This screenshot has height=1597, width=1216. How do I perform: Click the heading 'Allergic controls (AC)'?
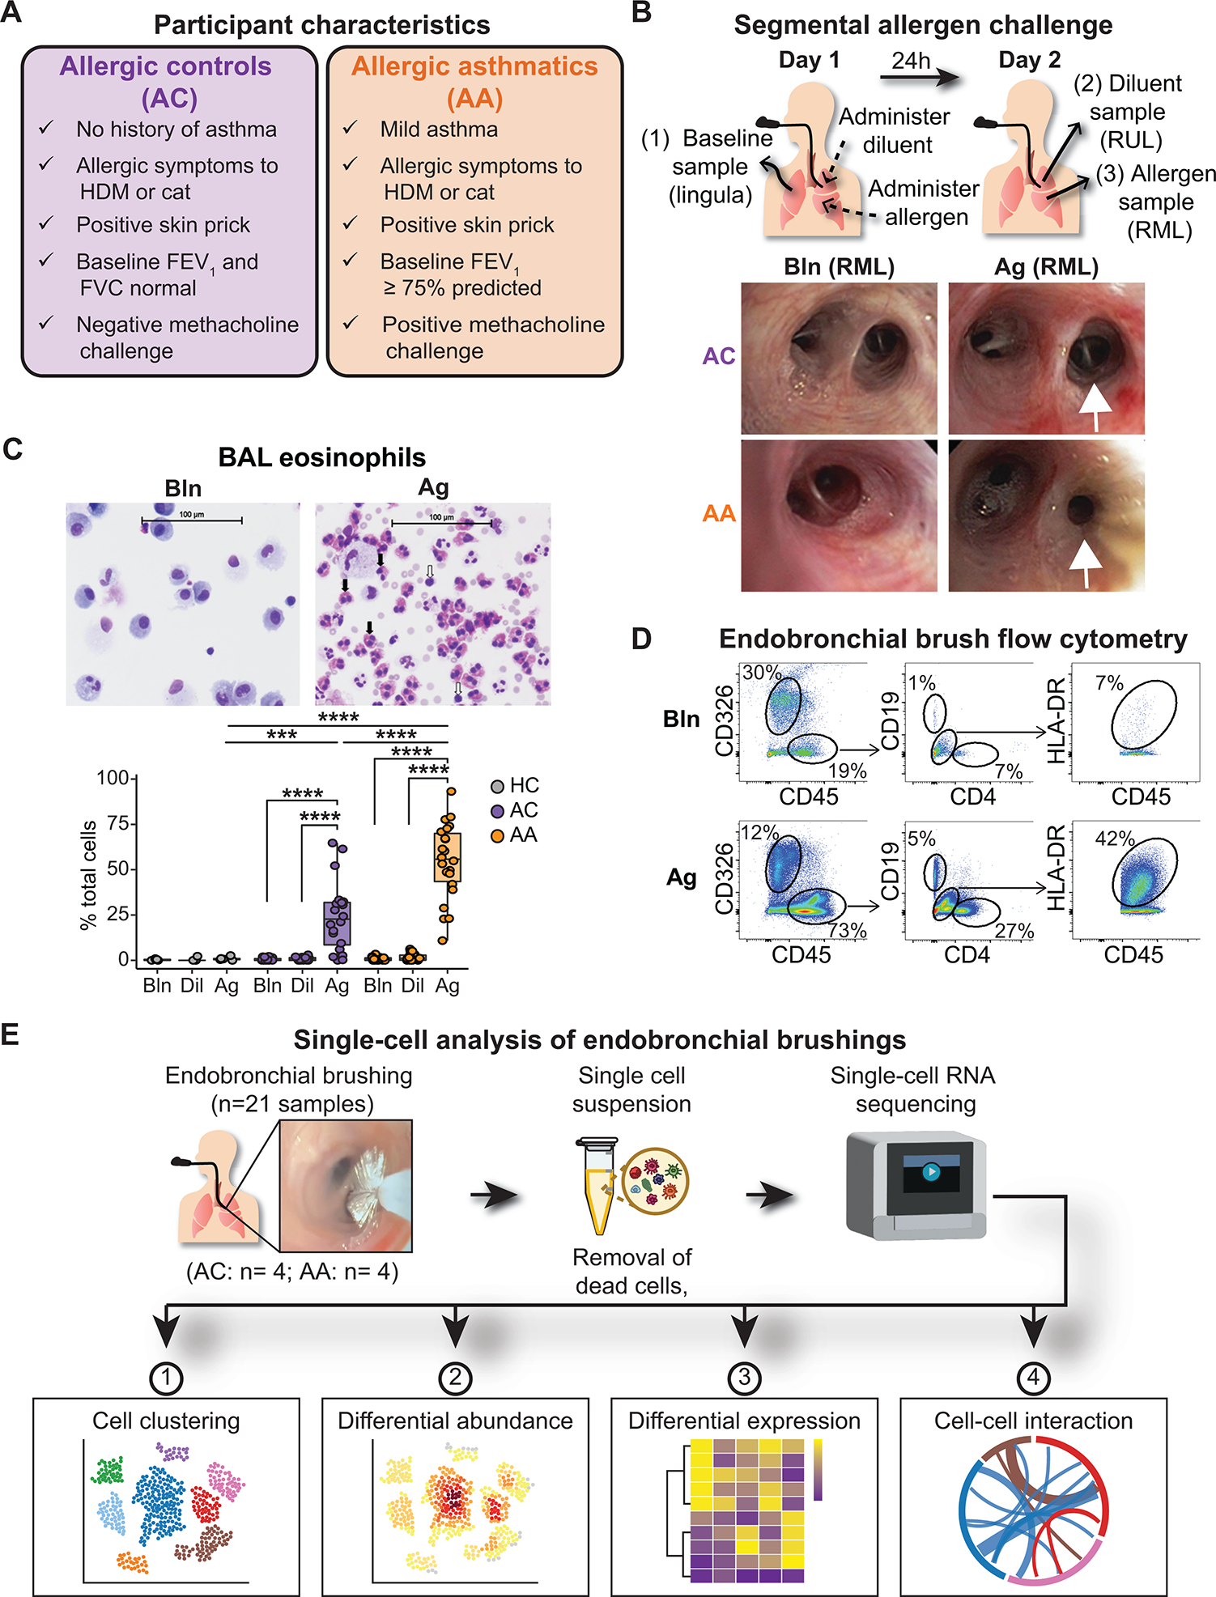[x=167, y=82]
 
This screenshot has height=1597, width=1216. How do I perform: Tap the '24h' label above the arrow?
[x=911, y=61]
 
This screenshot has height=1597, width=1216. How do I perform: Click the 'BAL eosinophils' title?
[x=321, y=457]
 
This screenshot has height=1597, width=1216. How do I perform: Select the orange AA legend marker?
[x=498, y=835]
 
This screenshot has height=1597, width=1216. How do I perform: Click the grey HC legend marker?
[x=498, y=786]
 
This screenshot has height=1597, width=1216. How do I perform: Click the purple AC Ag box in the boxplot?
[x=337, y=923]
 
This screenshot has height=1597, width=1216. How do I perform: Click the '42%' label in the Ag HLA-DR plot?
[x=1114, y=839]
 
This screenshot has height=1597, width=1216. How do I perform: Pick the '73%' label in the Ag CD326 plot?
[x=847, y=931]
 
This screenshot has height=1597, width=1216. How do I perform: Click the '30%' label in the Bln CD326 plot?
[x=762, y=673]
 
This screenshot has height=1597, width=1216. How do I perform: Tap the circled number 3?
[x=744, y=1378]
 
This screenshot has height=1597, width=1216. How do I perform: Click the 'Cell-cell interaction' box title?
[x=1033, y=1421]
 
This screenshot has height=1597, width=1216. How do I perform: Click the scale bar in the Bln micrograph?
[x=191, y=520]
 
